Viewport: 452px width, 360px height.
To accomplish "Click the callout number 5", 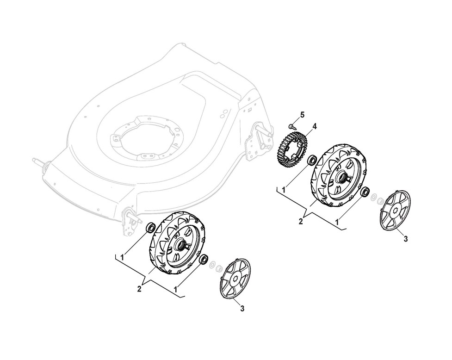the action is click(303, 114).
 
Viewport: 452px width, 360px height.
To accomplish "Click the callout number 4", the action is click(314, 126).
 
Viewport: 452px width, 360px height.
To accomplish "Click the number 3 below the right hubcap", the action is click(406, 239).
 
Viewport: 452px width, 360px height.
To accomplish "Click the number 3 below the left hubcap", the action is click(242, 309).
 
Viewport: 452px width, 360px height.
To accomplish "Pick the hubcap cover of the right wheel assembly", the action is click(395, 210).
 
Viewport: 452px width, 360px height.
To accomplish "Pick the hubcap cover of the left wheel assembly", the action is click(235, 279).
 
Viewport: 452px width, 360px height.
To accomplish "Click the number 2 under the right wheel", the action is click(301, 221).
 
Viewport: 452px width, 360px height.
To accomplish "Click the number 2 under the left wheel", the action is click(139, 289).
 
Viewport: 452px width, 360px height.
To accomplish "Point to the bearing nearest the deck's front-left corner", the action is click(151, 228).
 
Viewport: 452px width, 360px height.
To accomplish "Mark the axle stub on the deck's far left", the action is click(37, 161).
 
